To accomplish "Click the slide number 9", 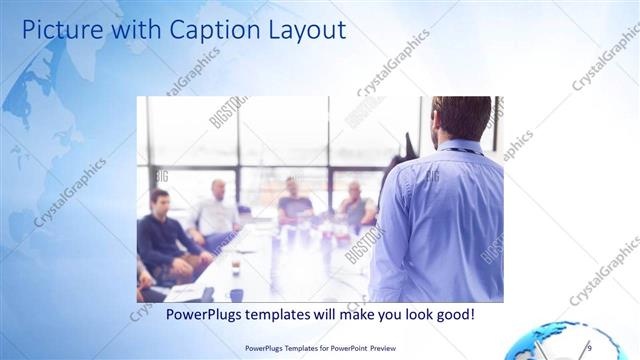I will coord(588,347).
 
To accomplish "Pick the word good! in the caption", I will coord(452,315).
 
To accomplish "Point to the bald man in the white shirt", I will coord(217,211).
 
